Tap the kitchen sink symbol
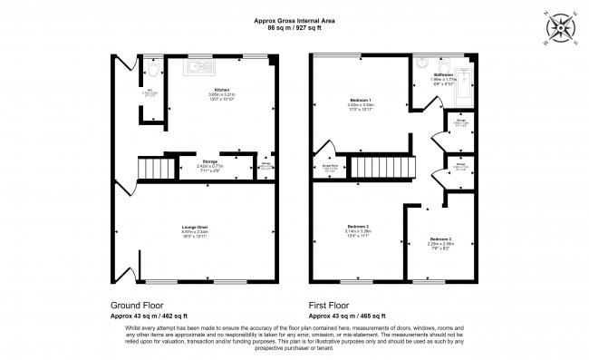198,66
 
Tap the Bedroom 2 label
360,226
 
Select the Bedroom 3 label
443,239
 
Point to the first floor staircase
380,167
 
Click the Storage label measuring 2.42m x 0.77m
209,163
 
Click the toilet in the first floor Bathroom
424,64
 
